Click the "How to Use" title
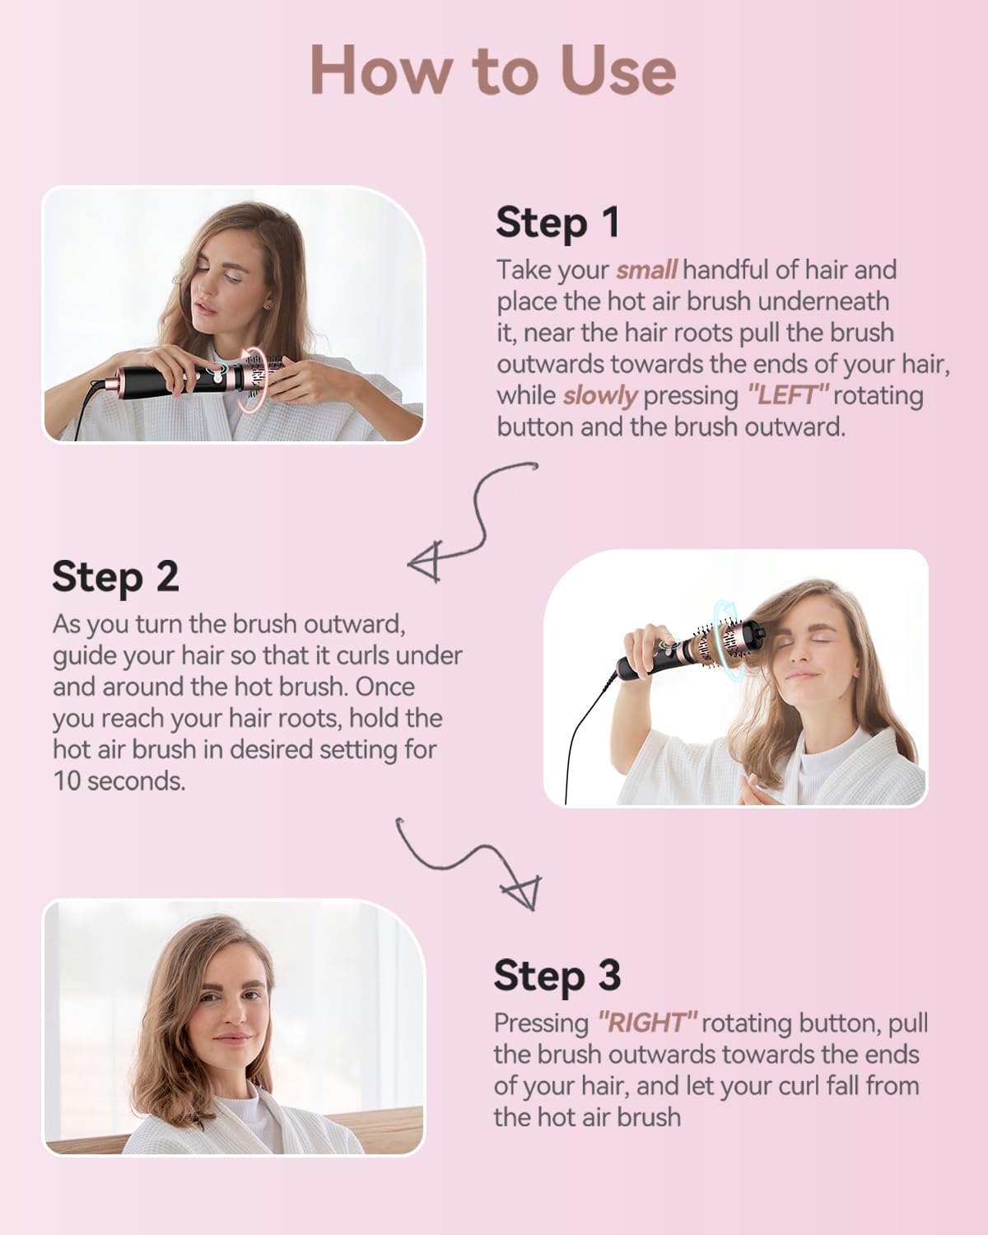(x=493, y=70)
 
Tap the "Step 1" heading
(x=557, y=222)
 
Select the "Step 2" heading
(x=115, y=577)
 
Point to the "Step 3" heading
(x=557, y=975)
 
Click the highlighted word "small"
(x=646, y=270)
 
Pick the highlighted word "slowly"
(x=600, y=396)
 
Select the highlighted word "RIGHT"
(x=648, y=1022)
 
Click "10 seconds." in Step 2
(x=119, y=781)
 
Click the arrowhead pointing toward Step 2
(x=426, y=562)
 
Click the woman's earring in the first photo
(x=267, y=306)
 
